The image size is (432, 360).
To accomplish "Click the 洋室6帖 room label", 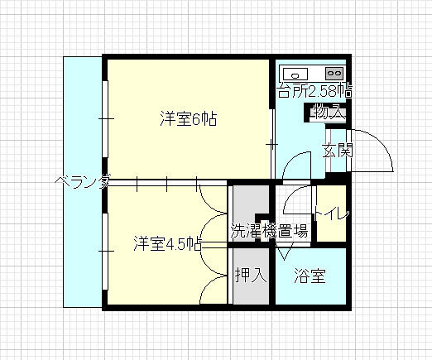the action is tap(189, 118).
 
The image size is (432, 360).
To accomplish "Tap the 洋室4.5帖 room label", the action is tap(168, 243).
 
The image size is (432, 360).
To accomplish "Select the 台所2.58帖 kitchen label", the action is tap(315, 90).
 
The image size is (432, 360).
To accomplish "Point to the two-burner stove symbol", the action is tap(334, 74).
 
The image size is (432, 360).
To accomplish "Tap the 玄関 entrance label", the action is tap(338, 151).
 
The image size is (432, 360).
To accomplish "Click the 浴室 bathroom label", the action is tap(310, 276).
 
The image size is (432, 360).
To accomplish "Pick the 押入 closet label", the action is tap(251, 275).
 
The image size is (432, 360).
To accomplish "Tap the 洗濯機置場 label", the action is tap(269, 231).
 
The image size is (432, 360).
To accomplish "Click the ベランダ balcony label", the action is tap(83, 181).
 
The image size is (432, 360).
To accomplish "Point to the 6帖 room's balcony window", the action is tap(105, 119).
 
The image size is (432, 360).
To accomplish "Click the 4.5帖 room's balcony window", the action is tap(105, 252).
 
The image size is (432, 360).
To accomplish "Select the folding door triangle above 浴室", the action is tap(284, 252).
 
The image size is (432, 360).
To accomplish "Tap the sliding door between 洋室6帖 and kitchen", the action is tap(272, 144).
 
